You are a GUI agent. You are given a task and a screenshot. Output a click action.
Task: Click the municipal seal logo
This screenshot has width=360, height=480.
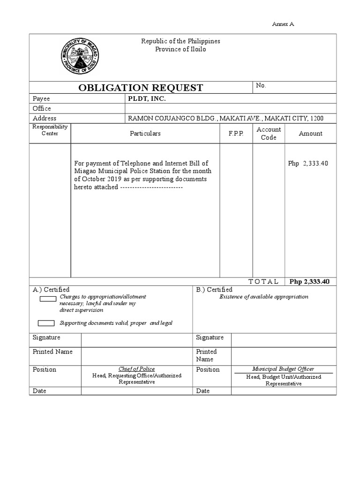pyautogui.click(x=80, y=57)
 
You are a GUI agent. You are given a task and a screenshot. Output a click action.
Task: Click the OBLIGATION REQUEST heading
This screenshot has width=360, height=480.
pyautogui.click(x=141, y=88)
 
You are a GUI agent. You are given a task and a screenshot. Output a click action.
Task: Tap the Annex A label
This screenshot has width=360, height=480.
pyautogui.click(x=283, y=24)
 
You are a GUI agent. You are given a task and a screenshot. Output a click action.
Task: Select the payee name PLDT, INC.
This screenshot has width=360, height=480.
pyautogui.click(x=147, y=99)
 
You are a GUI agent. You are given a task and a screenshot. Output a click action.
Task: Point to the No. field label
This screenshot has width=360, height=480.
pyautogui.click(x=261, y=86)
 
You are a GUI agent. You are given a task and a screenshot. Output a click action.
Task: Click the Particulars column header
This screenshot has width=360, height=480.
pyautogui.click(x=145, y=134)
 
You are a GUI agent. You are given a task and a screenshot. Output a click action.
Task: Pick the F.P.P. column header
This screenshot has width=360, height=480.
pyautogui.click(x=236, y=134)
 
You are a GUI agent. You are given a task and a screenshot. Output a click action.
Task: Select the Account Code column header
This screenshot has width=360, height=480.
pyautogui.click(x=269, y=134)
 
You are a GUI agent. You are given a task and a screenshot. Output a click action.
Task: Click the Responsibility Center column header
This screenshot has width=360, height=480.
pyautogui.click(x=50, y=130)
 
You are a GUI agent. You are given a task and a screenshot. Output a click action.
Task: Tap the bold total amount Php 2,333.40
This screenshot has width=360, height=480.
pyautogui.click(x=310, y=282)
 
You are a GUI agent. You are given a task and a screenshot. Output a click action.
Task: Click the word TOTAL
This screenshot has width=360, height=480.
pyautogui.click(x=263, y=282)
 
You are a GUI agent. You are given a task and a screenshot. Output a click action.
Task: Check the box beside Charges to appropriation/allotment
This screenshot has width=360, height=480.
pyautogui.click(x=48, y=299)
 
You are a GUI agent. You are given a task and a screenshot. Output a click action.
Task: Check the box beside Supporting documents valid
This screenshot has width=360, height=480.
pyautogui.click(x=46, y=322)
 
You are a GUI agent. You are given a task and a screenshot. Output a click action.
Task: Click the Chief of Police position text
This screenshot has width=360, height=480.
pyautogui.click(x=137, y=369)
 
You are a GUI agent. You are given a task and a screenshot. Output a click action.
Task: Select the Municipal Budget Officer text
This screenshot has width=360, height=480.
pyautogui.click(x=283, y=369)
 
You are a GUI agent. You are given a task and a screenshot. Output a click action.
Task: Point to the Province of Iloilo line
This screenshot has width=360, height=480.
pyautogui.click(x=180, y=49)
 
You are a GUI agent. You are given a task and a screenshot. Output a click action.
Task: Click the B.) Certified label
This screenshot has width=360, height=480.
pyautogui.click(x=214, y=290)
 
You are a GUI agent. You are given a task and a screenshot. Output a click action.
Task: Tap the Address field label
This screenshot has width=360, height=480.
pyautogui.click(x=44, y=119)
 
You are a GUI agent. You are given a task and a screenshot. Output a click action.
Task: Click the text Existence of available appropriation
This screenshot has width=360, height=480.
pyautogui.click(x=264, y=297)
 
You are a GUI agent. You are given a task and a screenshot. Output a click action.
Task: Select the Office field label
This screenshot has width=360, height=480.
pyautogui.click(x=42, y=109)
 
